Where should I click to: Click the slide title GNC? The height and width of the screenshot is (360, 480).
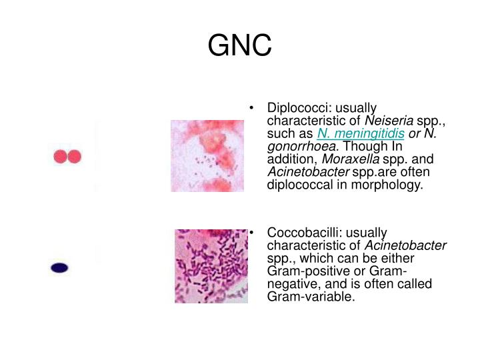[x=239, y=46]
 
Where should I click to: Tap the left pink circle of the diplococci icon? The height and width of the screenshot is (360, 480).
[x=60, y=157]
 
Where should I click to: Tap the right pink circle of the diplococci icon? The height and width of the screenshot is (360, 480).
[x=74, y=157]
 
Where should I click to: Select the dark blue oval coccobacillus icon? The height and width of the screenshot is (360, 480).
[x=60, y=268]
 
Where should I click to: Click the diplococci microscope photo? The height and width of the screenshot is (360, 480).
[x=207, y=156]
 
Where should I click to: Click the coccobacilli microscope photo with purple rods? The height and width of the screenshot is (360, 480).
[x=211, y=266]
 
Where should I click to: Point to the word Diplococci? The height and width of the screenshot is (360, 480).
[x=298, y=108]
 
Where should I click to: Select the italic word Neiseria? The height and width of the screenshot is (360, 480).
[x=389, y=121]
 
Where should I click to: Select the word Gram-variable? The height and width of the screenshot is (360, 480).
[x=310, y=296]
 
